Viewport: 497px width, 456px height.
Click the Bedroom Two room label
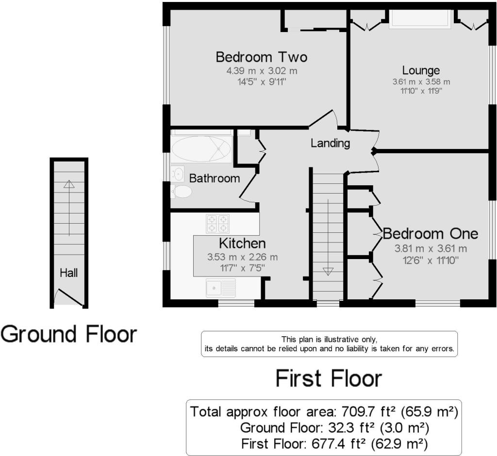(x=262, y=57)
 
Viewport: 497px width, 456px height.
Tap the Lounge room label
(x=421, y=70)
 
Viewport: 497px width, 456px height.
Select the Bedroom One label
(x=431, y=234)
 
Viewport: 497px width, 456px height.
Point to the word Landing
(x=330, y=144)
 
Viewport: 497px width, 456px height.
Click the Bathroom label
(x=215, y=179)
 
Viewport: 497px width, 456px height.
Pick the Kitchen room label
(x=243, y=244)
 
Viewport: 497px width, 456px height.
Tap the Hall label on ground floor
(x=69, y=273)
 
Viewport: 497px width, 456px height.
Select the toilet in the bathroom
(x=182, y=192)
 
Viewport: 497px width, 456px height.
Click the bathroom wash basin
(x=178, y=174)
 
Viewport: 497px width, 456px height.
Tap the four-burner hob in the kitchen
(x=218, y=224)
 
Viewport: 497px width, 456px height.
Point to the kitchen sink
(x=221, y=288)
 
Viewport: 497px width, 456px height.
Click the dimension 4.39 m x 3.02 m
(x=262, y=71)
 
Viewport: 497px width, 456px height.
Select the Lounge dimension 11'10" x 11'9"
(x=421, y=91)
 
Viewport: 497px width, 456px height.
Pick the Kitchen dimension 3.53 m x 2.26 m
(x=243, y=257)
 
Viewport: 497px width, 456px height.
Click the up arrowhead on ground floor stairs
(x=69, y=184)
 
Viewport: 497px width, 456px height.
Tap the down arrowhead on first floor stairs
(x=328, y=272)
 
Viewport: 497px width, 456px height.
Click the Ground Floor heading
(x=69, y=334)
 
